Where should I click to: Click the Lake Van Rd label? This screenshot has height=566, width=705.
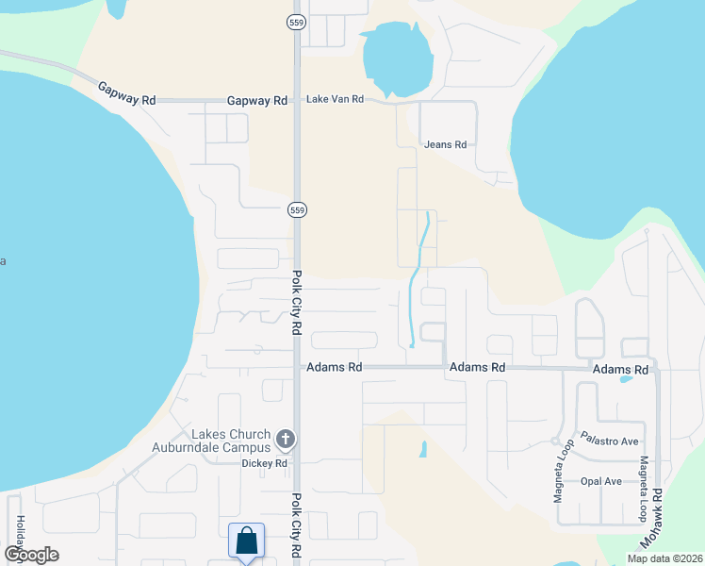[334, 100]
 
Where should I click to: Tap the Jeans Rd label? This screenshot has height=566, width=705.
[446, 144]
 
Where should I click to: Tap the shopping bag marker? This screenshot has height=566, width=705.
[246, 542]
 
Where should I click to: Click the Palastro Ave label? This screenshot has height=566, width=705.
[610, 441]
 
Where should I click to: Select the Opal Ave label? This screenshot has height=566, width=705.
[601, 481]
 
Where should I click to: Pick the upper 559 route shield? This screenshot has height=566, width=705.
[296, 22]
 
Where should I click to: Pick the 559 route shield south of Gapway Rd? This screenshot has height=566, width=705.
[296, 208]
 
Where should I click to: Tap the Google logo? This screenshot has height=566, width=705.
[31, 555]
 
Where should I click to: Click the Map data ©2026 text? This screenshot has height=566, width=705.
[664, 558]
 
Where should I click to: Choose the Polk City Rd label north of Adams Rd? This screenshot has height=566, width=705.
[296, 303]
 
